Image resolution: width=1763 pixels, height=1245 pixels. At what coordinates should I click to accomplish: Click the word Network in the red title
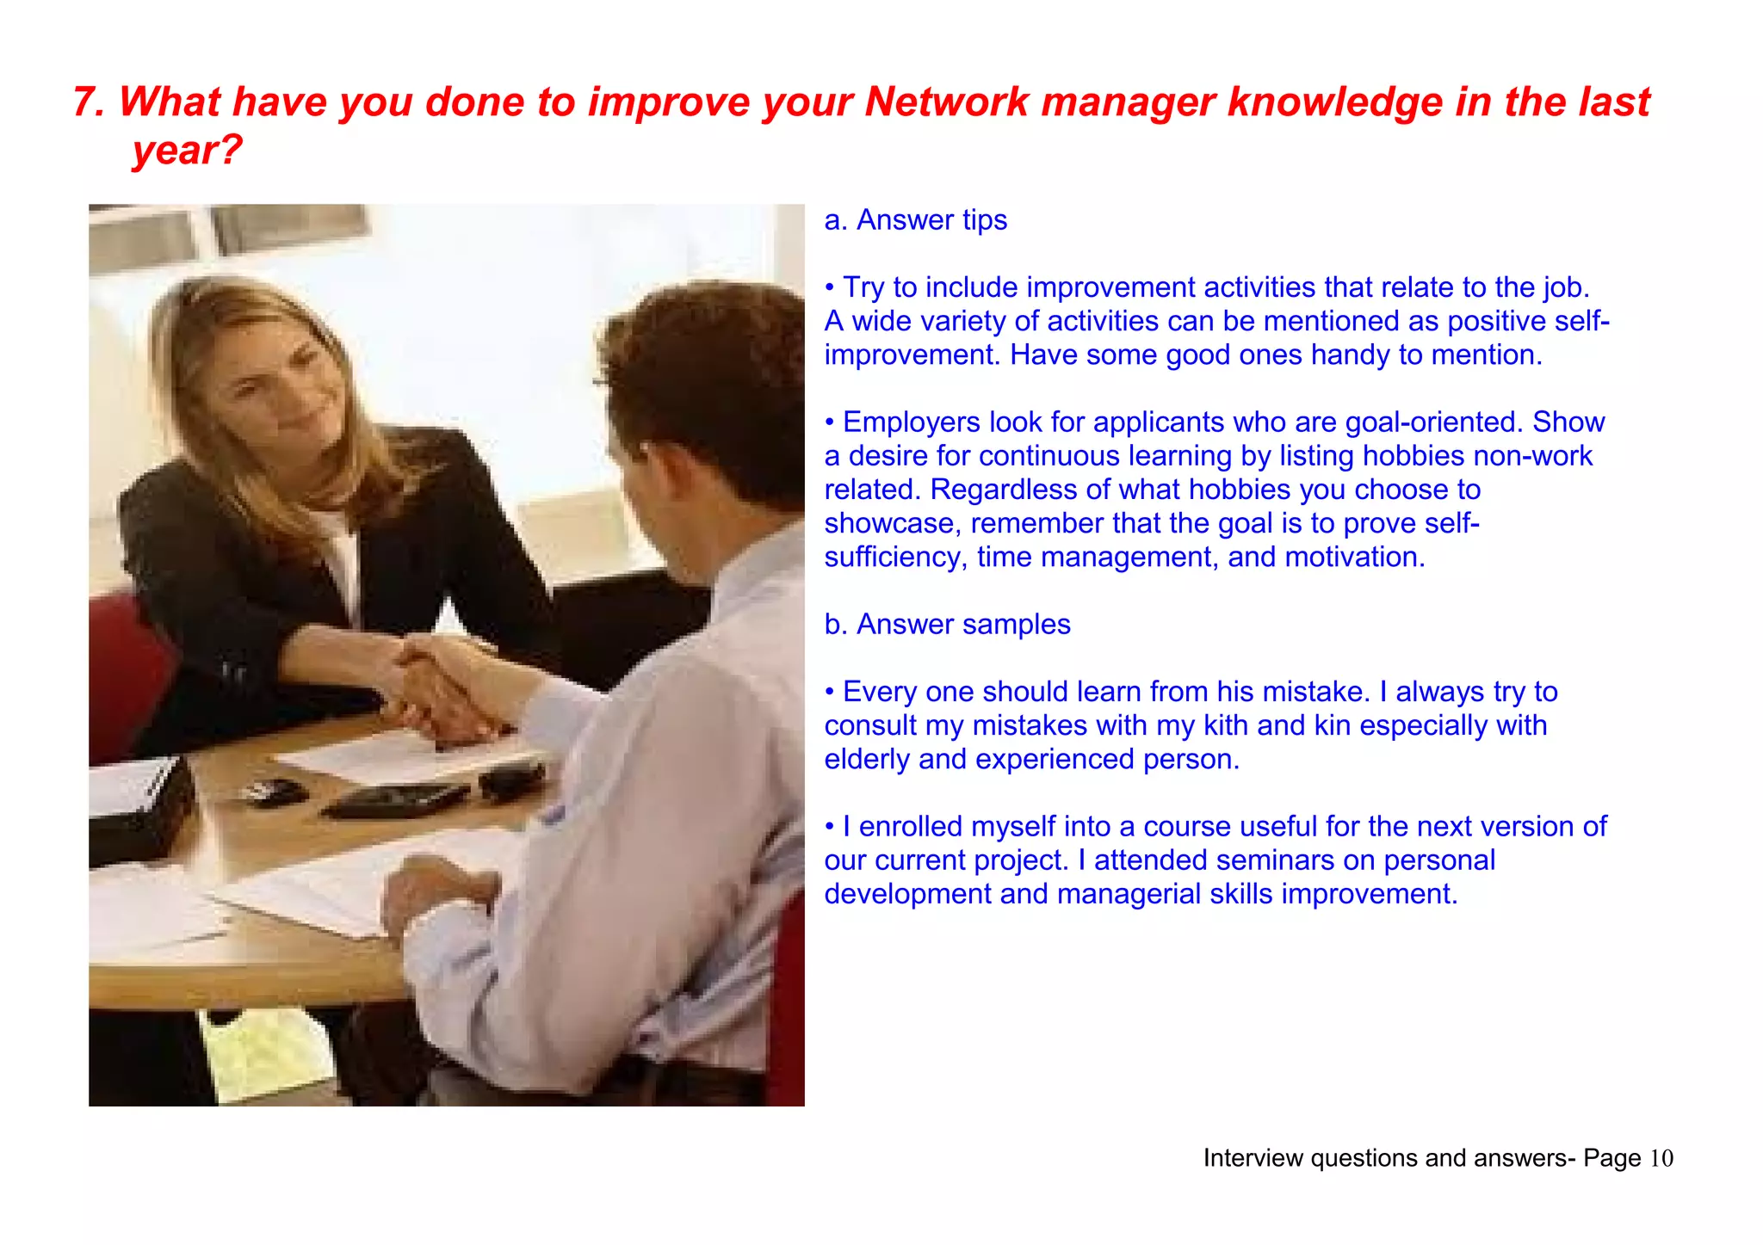pos(946,102)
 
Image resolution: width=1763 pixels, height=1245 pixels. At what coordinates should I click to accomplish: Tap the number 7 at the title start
pos(83,102)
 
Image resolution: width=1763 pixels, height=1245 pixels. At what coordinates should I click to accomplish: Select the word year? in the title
pos(187,151)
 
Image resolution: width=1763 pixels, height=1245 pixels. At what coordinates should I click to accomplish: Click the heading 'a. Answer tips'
pos(915,220)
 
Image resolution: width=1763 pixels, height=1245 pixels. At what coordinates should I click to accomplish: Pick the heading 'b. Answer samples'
pos(947,625)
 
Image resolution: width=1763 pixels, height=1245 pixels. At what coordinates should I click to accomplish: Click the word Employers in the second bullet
pos(911,422)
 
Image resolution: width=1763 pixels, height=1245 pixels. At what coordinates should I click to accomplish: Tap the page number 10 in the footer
pos(1661,1159)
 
